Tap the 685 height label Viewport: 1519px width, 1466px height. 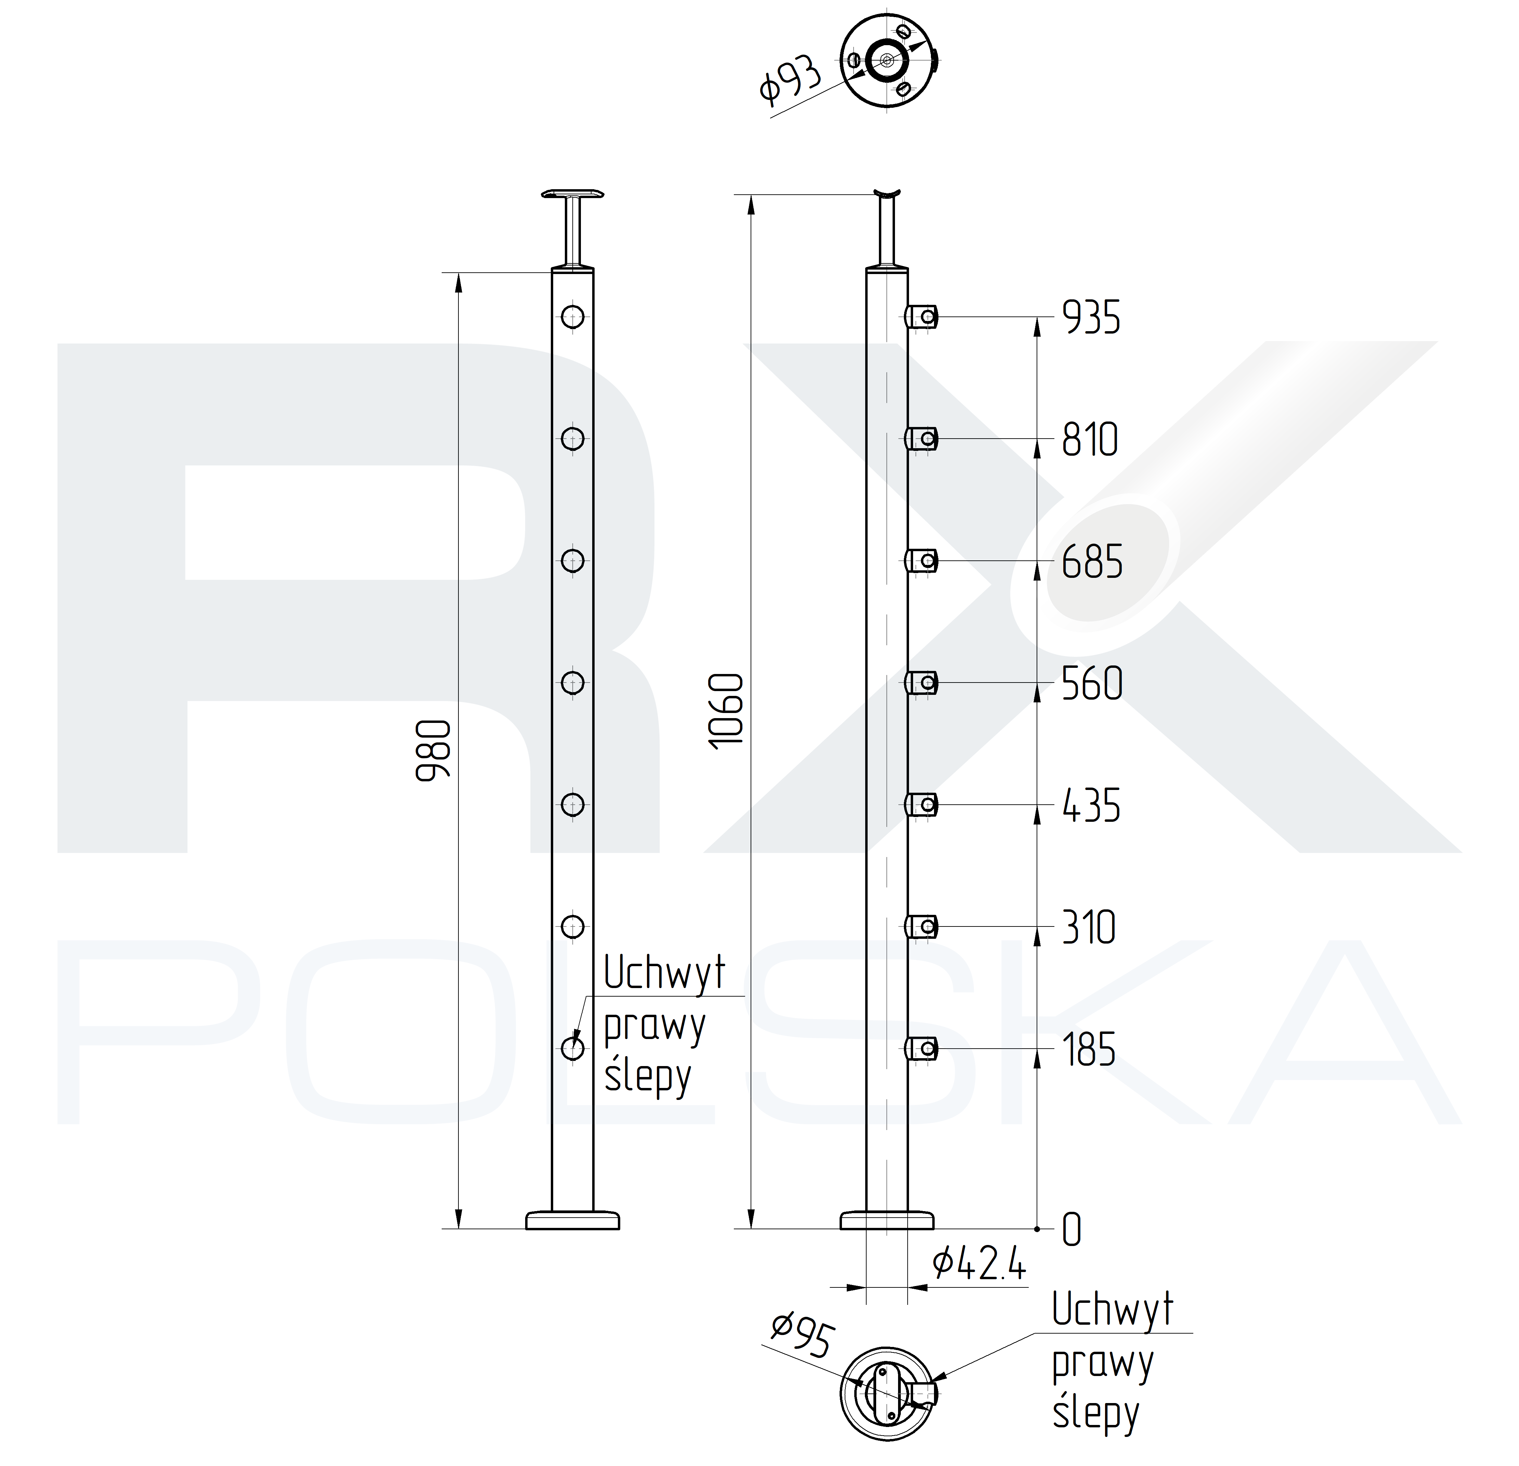click(x=1092, y=562)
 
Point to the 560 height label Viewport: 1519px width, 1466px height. click(x=1092, y=684)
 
